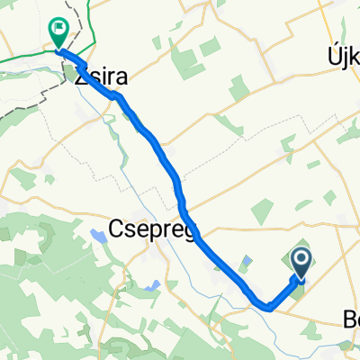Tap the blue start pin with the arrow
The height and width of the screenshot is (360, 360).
(301, 263)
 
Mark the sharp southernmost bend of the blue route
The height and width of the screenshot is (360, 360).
(268, 307)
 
